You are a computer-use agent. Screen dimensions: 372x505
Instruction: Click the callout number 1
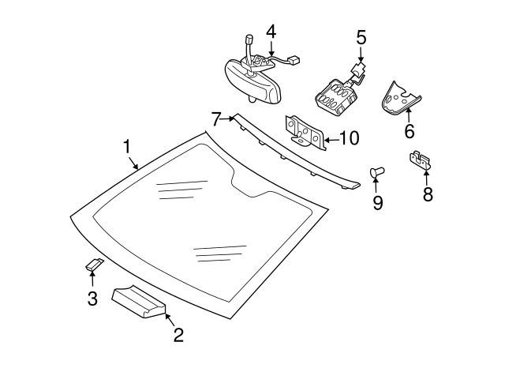(x=126, y=147)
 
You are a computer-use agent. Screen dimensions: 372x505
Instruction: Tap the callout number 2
(x=178, y=335)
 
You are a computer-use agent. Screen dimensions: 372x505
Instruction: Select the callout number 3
(x=92, y=299)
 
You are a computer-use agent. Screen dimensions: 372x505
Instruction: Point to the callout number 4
(x=271, y=32)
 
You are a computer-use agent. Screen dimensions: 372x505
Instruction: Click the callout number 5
(x=361, y=36)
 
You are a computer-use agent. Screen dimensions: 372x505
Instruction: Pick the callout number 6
(x=410, y=131)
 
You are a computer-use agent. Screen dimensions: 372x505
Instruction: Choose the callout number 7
(x=216, y=119)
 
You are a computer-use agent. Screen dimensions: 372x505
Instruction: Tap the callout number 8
(x=428, y=194)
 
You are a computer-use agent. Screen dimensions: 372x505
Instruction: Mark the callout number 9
(x=377, y=203)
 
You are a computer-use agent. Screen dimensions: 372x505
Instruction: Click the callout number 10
(x=348, y=138)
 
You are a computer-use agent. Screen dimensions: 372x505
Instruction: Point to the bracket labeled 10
(x=304, y=132)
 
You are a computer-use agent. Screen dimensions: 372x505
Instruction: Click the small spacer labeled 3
(x=94, y=265)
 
